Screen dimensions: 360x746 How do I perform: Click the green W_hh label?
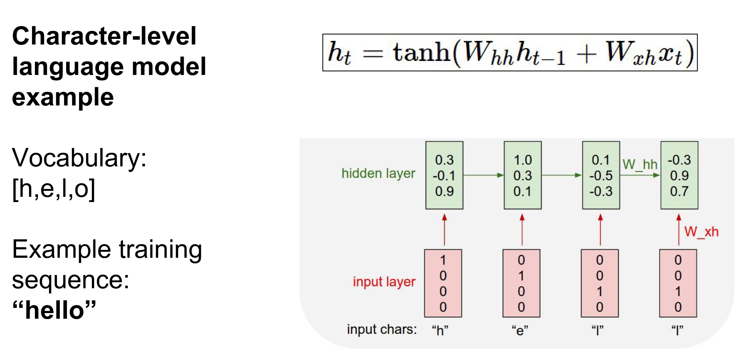click(640, 165)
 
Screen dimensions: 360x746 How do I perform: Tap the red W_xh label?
click(701, 232)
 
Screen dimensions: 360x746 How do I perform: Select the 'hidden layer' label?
click(378, 174)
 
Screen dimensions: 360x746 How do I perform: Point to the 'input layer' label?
click(384, 282)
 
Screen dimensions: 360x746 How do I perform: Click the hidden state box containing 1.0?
click(523, 175)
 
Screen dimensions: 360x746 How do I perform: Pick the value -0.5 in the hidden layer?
click(601, 176)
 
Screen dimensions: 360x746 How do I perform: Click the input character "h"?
click(440, 330)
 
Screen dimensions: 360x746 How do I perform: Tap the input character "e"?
click(520, 330)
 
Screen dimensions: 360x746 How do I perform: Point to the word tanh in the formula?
click(421, 53)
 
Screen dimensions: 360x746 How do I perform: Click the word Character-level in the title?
click(104, 36)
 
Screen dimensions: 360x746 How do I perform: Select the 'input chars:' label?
click(381, 330)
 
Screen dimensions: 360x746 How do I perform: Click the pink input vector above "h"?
click(443, 283)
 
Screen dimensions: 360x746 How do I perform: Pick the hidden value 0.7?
click(679, 191)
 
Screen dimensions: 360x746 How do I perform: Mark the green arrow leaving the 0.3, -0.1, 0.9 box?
click(483, 175)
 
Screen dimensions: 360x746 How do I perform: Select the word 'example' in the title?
click(63, 97)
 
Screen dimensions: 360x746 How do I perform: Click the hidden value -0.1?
click(444, 176)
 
